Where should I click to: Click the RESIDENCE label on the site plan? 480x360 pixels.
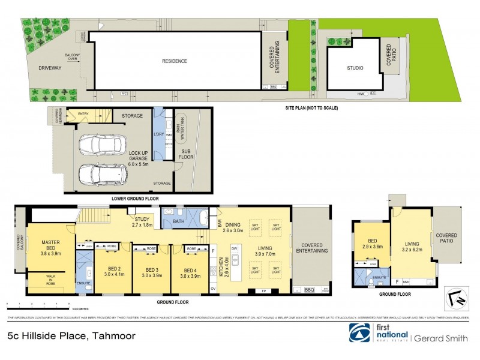click(x=174, y=61)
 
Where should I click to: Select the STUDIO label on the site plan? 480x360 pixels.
click(x=355, y=68)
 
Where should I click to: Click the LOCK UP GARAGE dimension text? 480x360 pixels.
click(x=142, y=158)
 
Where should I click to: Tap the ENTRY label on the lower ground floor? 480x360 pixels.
click(x=83, y=113)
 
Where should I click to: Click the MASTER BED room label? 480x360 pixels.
click(x=50, y=246)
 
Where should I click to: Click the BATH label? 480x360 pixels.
click(x=179, y=221)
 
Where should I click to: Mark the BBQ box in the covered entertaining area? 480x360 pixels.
click(x=310, y=290)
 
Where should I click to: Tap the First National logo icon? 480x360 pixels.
click(x=360, y=334)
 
